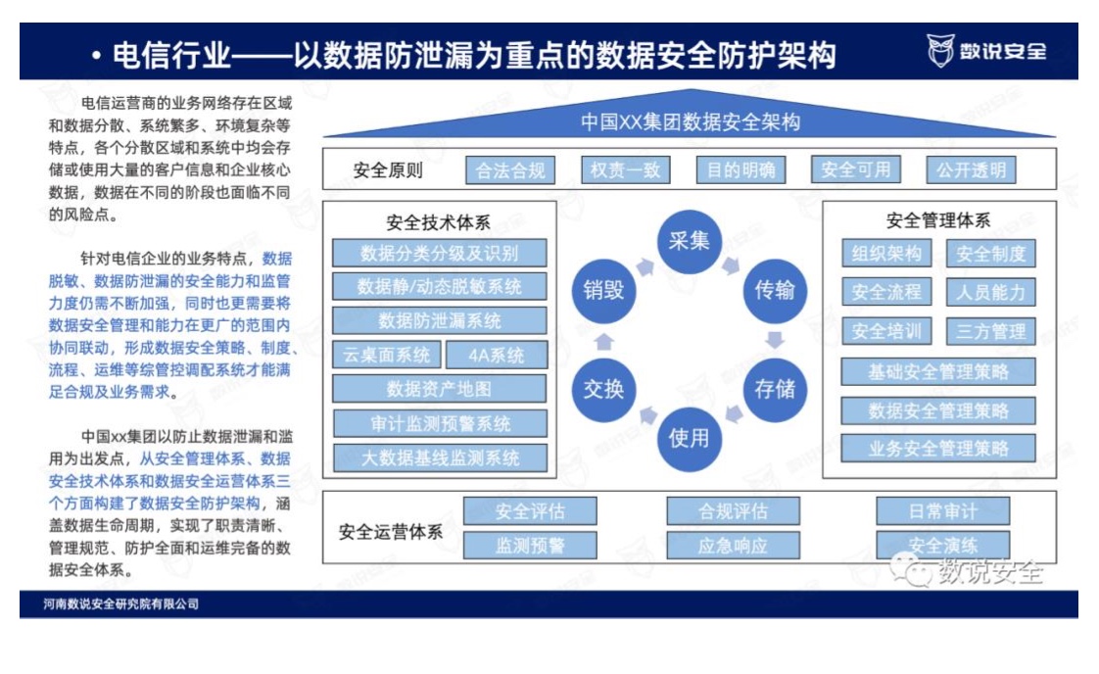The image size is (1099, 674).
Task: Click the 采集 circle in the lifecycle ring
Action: coord(689,241)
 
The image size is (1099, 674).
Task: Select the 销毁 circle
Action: coord(603,290)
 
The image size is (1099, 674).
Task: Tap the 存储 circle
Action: coord(775,389)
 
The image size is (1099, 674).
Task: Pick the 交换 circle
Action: coord(603,389)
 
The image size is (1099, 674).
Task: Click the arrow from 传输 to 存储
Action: coord(775,340)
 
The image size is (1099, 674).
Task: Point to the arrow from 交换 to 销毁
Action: coord(603,342)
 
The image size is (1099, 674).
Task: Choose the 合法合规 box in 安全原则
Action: coord(510,170)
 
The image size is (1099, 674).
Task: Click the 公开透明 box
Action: coord(971,169)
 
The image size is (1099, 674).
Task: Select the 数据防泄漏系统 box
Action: coord(440,320)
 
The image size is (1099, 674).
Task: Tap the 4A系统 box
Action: coord(497,355)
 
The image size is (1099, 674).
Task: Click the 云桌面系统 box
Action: coord(386,355)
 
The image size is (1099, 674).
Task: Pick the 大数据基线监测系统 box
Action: coord(440,457)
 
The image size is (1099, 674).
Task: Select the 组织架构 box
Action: coord(886,253)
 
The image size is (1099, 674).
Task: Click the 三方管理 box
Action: coord(990,331)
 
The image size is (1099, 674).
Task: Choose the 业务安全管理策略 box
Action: coord(938,448)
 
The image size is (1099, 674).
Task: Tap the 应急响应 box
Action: coord(733,546)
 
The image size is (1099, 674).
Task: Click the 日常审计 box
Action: coord(942,511)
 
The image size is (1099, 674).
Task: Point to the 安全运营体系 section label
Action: coord(391,532)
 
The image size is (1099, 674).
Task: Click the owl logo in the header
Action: coord(940,51)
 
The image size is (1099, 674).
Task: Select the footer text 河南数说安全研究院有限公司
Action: coord(120,603)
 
